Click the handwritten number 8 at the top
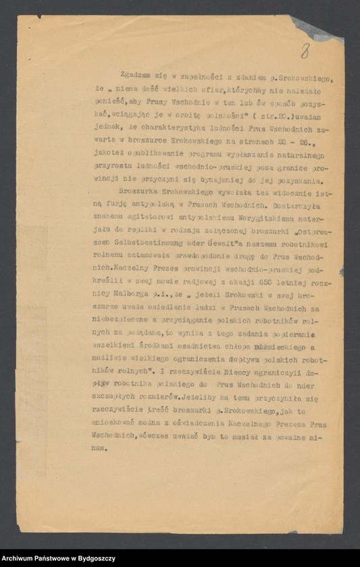[x=305, y=50]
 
